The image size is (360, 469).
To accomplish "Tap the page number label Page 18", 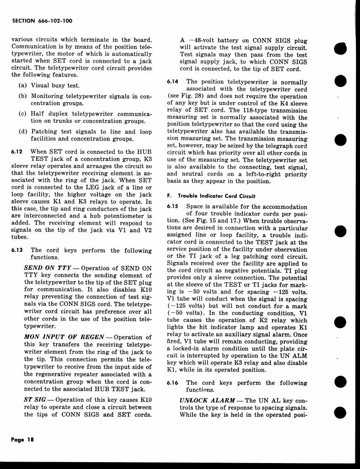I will tap(23, 439).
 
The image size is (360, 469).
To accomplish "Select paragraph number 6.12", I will tap(17, 152).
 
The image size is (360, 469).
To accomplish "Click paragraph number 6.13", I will tap(17, 251).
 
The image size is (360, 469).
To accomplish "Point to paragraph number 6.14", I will tap(173, 82).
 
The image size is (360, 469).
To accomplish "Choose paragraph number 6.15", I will tap(173, 207).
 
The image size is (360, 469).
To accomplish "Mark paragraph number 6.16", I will tap(173, 382).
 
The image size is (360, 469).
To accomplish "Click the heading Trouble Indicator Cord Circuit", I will tap(216, 196).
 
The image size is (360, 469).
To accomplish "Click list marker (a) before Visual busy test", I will tap(22, 85).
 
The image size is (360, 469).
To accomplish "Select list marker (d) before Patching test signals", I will tap(22, 131).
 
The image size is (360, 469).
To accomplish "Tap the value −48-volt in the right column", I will tap(198, 40).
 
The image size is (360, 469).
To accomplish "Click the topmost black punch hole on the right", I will tap(341, 48).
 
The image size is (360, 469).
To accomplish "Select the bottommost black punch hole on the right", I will tap(341, 413).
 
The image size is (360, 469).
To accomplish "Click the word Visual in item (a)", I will tap(41, 85).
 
